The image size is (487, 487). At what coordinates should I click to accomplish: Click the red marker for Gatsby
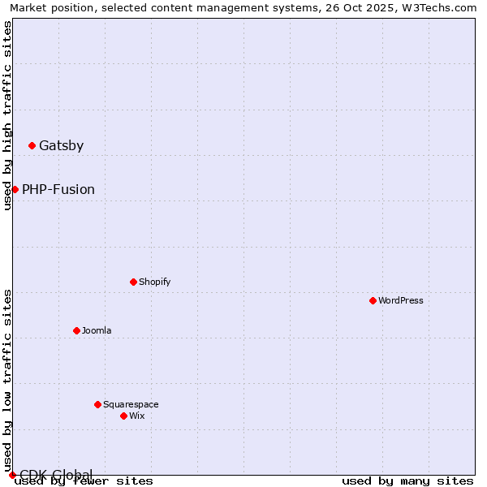coord(32,146)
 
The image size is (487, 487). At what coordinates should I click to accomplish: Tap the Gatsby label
coord(61,146)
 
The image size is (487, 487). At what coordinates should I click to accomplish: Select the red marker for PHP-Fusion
coord(15,189)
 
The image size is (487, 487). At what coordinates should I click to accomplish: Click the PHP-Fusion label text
coord(58,190)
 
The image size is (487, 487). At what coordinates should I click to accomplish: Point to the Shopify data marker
coord(133,282)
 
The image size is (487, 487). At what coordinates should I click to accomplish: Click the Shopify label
coord(154,282)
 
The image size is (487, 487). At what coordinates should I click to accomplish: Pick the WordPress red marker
coord(373,300)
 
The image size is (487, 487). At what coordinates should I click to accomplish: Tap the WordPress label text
coord(401,300)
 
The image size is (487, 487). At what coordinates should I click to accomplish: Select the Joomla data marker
coord(76,330)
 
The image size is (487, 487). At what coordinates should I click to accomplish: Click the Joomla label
coord(97,330)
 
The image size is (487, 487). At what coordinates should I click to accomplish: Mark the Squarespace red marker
coord(97,404)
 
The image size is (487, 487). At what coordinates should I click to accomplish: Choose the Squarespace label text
coord(131,404)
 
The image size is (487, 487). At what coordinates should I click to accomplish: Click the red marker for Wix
coord(123,416)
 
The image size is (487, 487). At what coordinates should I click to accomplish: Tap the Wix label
coord(137,416)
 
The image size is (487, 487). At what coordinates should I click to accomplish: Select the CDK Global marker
coord(12,475)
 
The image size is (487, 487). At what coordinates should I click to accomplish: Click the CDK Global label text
coord(56,475)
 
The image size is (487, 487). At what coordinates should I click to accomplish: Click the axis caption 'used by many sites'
coord(407,481)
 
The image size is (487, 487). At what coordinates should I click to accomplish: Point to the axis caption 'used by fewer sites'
coord(84,481)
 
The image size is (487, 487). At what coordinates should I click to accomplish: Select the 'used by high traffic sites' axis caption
coord(8,115)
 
